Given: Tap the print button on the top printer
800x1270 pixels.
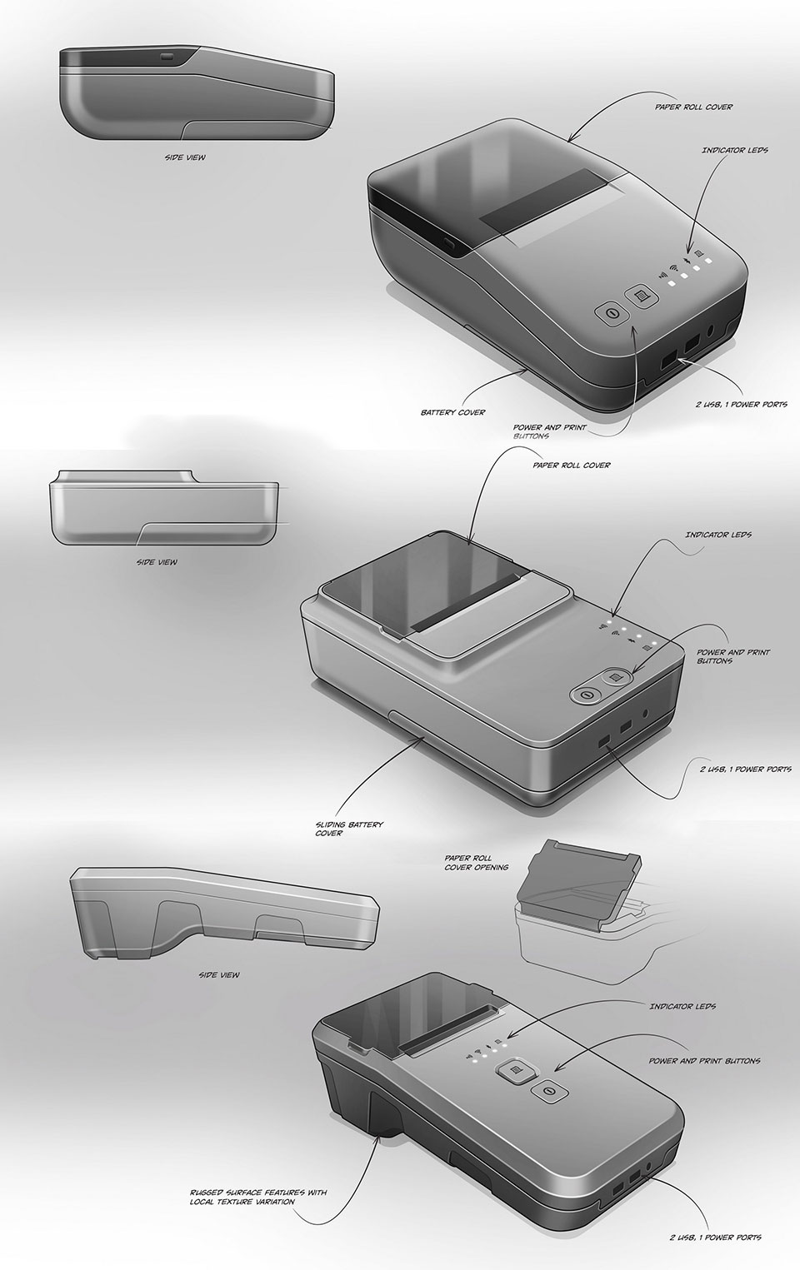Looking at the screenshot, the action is pos(641,296).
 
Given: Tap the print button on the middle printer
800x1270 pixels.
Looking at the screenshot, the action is pos(617,678).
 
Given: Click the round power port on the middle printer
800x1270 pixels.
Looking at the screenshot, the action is pos(645,715).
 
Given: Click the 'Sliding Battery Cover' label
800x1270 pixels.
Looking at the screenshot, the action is pos(349,829).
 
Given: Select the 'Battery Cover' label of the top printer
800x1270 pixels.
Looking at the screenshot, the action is pos(452,412).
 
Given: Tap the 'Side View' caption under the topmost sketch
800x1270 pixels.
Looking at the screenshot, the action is pos(185,157).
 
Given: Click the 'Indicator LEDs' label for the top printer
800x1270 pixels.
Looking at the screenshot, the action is pos(735,150).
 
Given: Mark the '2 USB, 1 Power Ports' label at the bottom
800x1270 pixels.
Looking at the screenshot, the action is pos(716,1237).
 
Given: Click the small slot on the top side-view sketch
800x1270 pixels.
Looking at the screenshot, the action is pos(168,57).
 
